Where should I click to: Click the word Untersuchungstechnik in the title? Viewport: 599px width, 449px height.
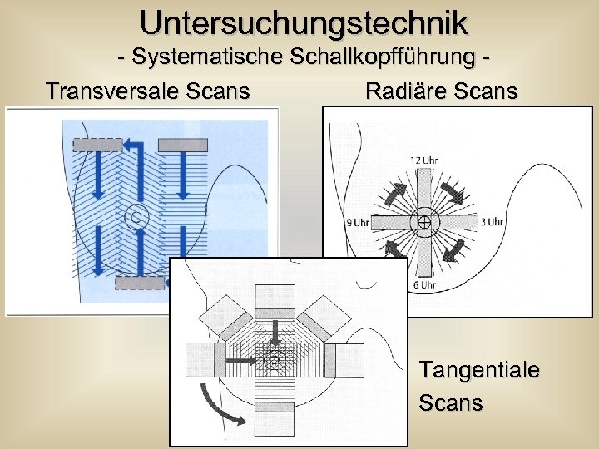coord(304,22)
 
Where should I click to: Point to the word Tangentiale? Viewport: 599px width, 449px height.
coord(478,368)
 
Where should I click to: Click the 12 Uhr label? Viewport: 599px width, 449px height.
coord(424,160)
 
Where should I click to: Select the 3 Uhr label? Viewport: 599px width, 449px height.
coord(493,222)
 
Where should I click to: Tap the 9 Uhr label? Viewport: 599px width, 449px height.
coord(358,222)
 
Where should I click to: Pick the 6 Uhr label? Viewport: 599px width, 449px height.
coord(423,285)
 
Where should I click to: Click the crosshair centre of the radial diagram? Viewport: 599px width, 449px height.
coord(423,222)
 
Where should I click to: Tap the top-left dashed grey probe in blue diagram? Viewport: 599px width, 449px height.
coord(97,145)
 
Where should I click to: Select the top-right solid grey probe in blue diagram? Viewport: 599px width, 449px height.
coord(182,145)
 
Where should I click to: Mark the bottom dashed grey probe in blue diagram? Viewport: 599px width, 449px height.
coord(139,283)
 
